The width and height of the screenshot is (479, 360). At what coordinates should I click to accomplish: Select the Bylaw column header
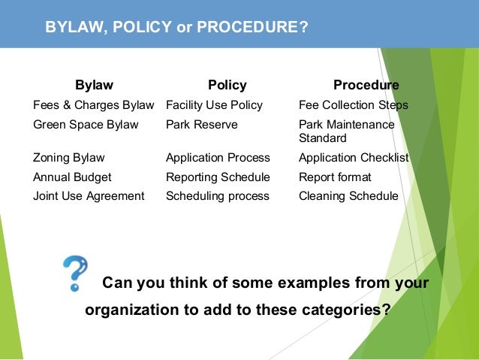[94, 85]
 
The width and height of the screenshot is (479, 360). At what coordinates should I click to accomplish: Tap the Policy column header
[227, 85]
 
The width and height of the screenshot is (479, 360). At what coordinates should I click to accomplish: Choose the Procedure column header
[366, 85]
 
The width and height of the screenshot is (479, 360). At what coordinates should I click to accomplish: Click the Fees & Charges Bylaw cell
[93, 105]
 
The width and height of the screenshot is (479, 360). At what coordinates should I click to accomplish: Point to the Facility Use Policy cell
[214, 105]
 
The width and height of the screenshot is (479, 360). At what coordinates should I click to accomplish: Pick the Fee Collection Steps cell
[353, 105]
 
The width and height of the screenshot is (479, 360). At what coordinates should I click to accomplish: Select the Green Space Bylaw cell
[86, 125]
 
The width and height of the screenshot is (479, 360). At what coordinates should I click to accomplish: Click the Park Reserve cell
[201, 125]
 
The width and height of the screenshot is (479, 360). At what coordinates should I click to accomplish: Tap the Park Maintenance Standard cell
[346, 132]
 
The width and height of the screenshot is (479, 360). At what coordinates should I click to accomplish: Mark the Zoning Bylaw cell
[69, 158]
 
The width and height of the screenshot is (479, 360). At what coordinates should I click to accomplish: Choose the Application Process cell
[218, 158]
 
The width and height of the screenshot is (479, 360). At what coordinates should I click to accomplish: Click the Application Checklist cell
[354, 158]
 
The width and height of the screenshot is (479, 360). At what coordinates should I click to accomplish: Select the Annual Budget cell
[72, 177]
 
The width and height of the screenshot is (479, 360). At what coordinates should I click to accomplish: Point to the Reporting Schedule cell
[218, 177]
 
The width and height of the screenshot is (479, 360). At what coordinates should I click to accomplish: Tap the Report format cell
[335, 177]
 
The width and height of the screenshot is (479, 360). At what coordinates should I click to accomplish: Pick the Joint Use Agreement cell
[89, 196]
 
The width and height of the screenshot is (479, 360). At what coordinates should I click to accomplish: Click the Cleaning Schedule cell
[348, 196]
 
